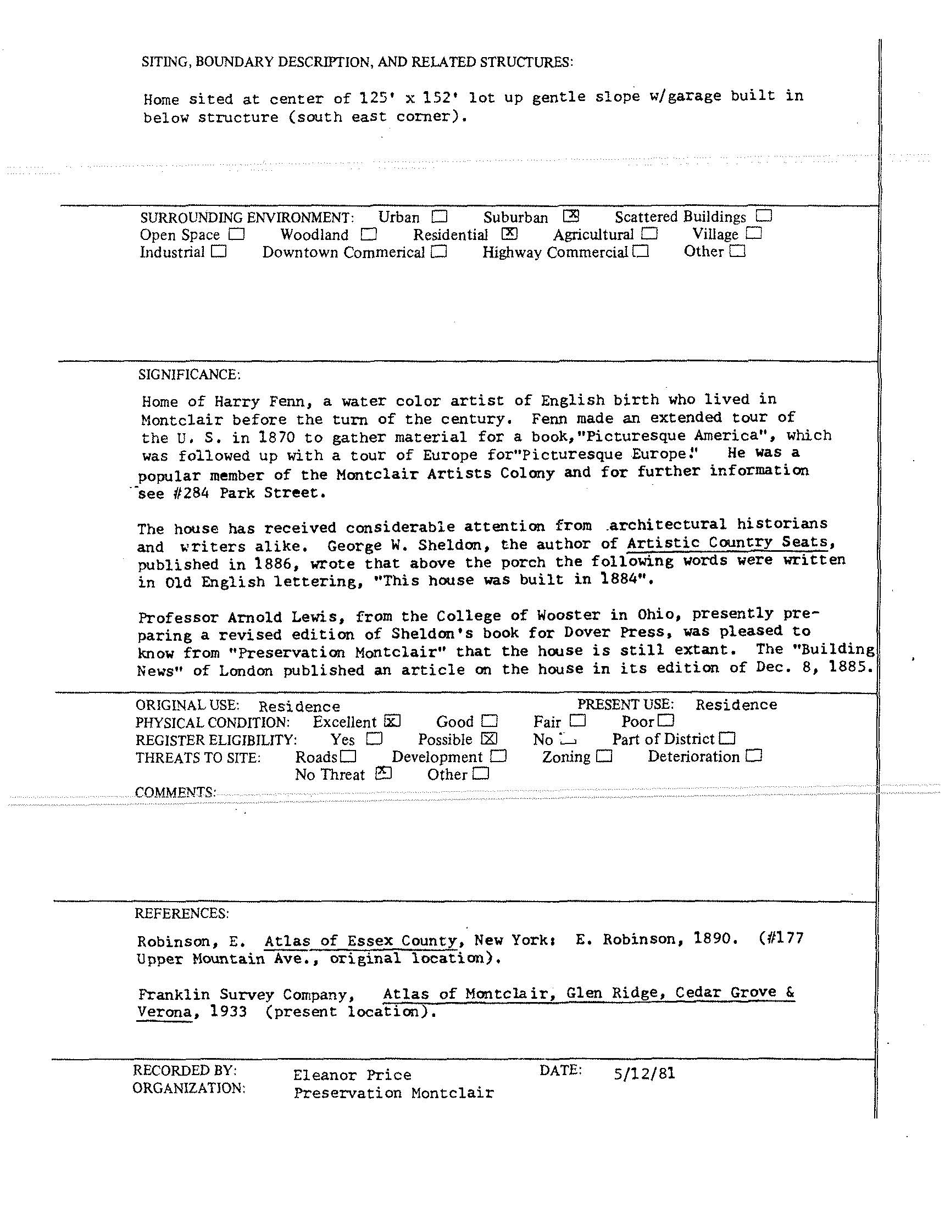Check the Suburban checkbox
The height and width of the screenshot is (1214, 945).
tap(571, 216)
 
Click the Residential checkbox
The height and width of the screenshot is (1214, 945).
tap(509, 234)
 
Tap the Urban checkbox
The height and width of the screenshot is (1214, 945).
tap(440, 216)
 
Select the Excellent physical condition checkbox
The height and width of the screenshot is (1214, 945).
tap(392, 721)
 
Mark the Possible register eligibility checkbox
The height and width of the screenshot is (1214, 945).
tap(490, 739)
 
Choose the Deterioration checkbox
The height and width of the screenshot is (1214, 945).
tap(754, 756)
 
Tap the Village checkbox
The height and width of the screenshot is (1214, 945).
tap(754, 233)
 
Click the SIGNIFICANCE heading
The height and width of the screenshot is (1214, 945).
tap(189, 374)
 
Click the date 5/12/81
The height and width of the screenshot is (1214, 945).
tap(644, 1073)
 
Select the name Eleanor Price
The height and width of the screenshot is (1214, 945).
tap(352, 1075)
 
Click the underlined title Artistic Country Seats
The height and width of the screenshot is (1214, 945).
tap(727, 542)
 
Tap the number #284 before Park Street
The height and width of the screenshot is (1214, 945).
tap(191, 493)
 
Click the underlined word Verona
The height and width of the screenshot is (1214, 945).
tap(165, 1011)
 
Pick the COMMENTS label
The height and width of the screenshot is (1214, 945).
tap(175, 792)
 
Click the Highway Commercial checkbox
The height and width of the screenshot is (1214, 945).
tap(641, 252)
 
